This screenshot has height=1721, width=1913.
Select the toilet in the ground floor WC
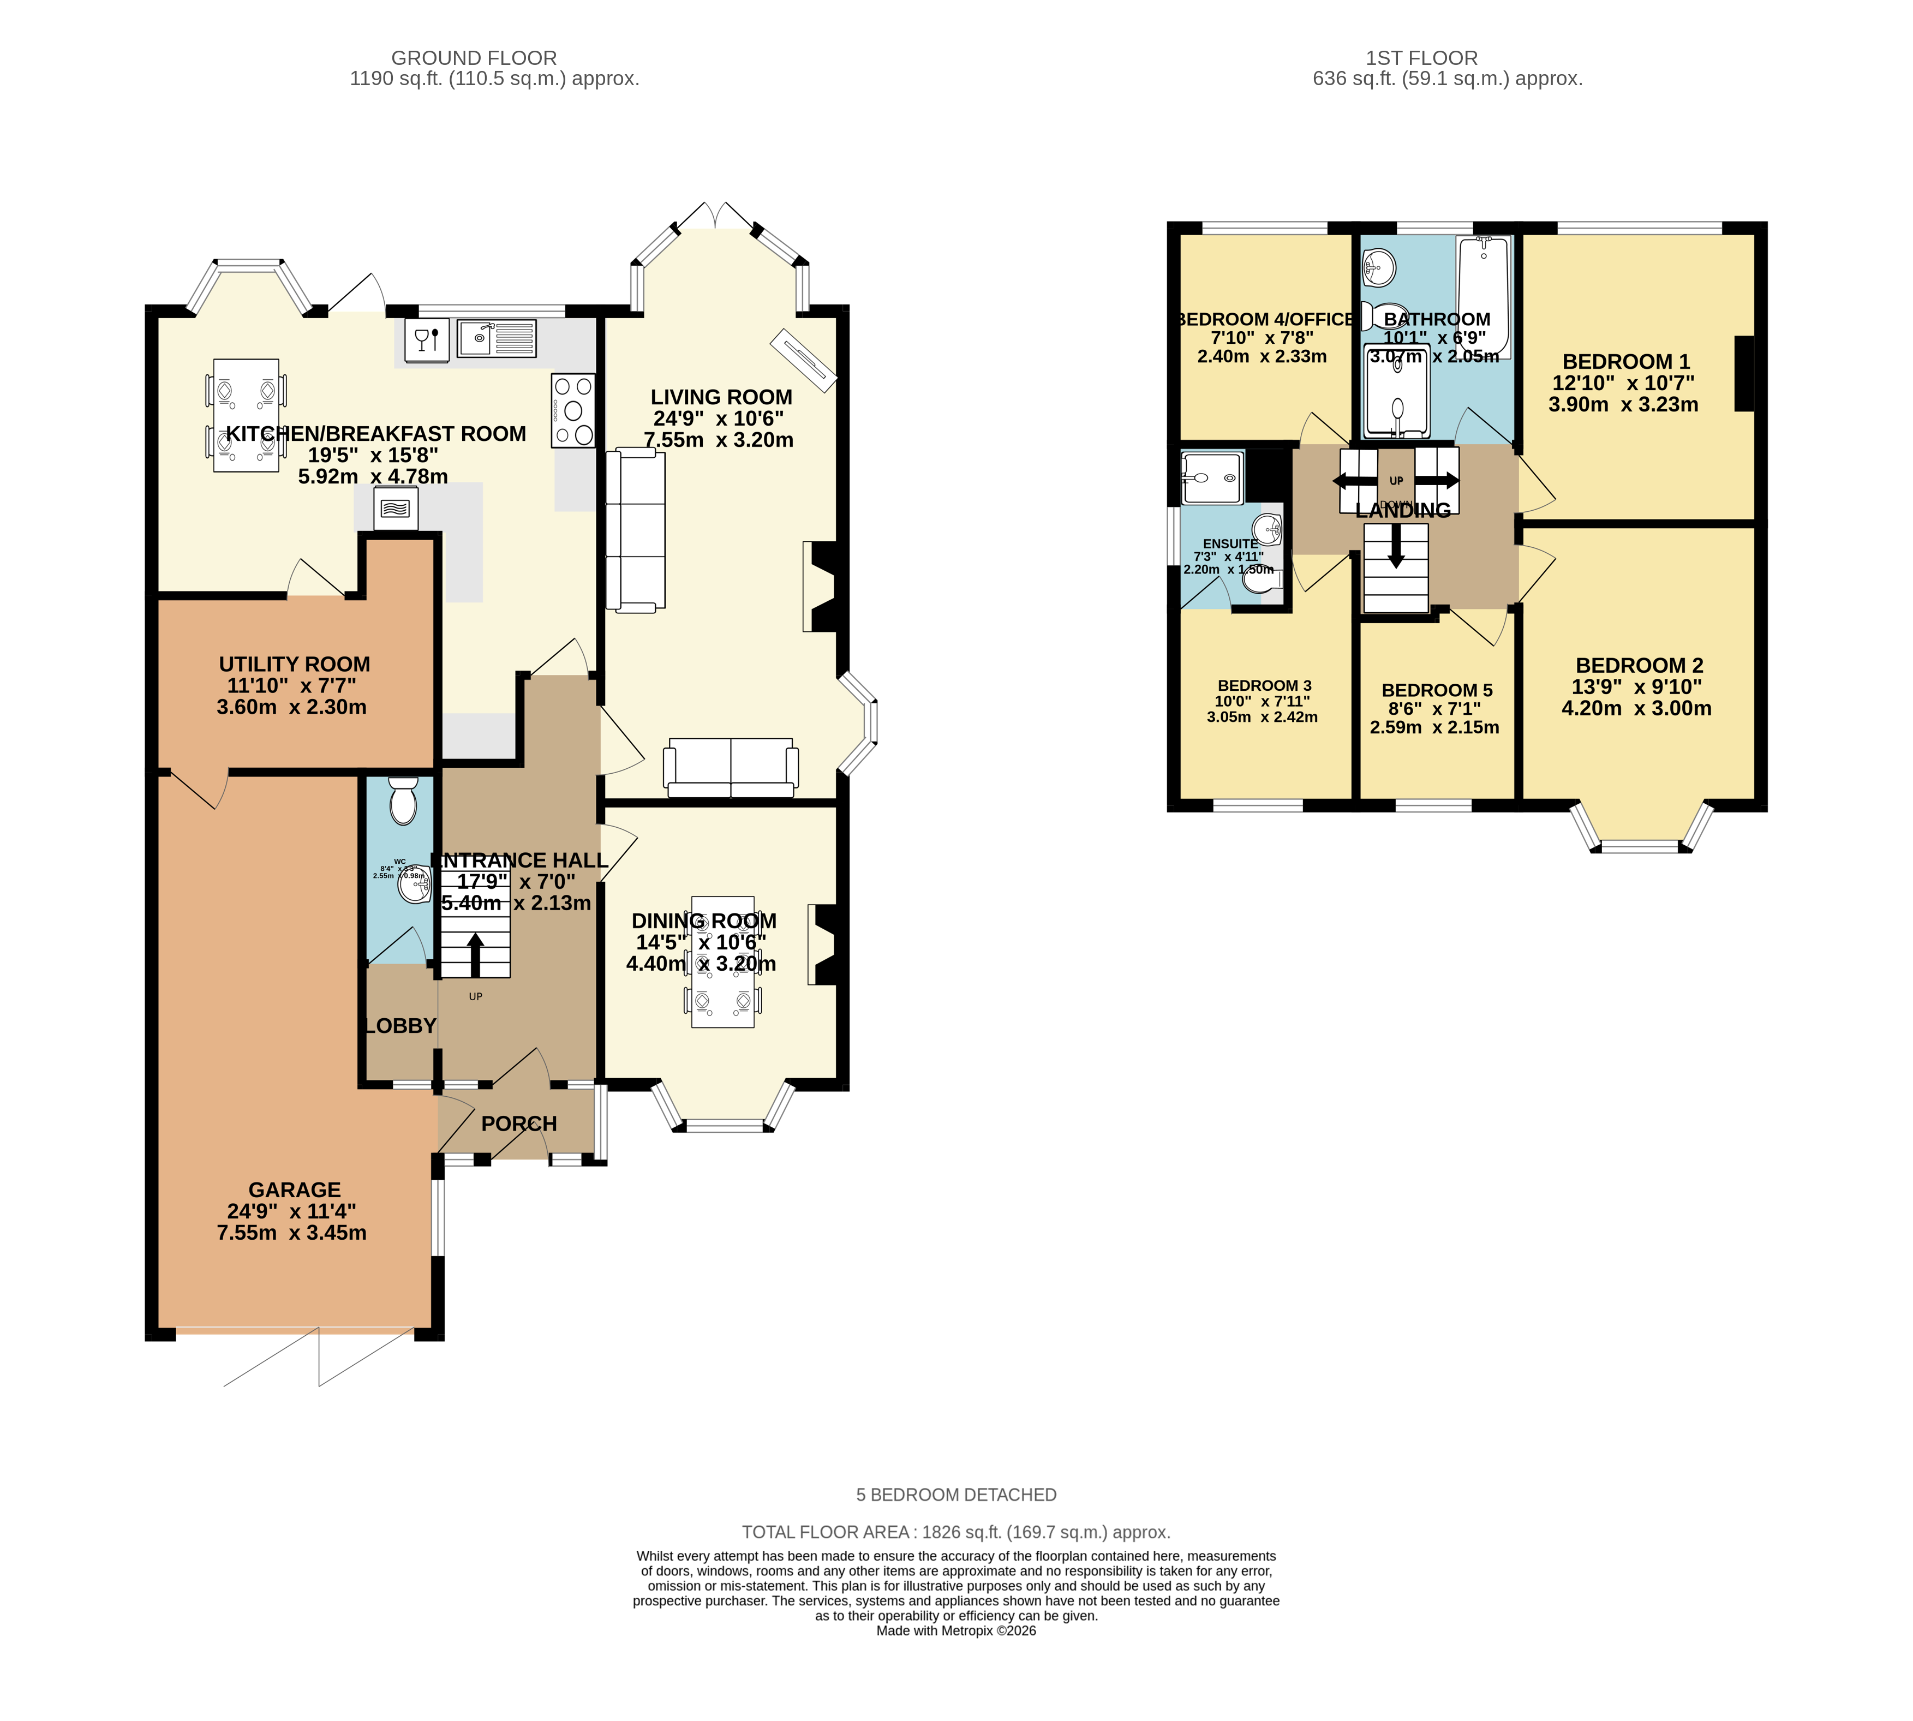point(403,802)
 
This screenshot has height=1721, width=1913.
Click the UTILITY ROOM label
point(294,665)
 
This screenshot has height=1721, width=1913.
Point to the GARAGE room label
point(294,1190)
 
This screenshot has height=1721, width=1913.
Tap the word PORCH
point(518,1124)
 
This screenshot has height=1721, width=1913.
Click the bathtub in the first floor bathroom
point(1482,295)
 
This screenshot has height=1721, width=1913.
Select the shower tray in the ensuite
point(1210,477)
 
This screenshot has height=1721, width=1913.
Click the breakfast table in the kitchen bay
point(246,415)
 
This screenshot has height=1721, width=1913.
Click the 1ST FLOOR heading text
point(1421,58)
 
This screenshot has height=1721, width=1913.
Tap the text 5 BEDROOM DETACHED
point(956,1495)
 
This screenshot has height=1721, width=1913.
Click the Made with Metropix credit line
point(956,1631)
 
